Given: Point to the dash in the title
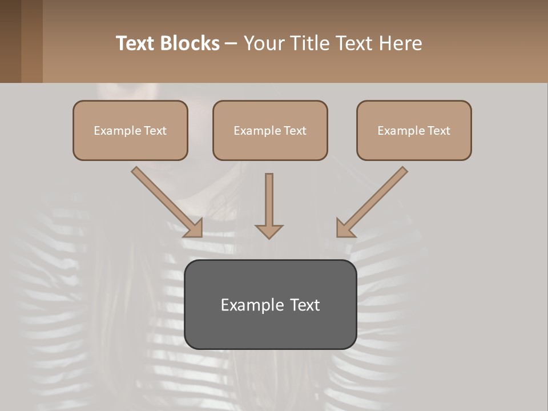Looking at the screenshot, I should (231, 44).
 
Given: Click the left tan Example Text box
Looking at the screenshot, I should (130, 131).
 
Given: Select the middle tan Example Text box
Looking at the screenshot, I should (270, 131).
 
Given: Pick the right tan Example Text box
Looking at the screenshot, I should (414, 131).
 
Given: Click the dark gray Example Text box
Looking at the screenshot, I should (270, 304).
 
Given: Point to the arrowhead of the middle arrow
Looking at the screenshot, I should (269, 231).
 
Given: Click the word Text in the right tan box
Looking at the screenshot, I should (438, 131).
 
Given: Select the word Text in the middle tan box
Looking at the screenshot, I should (295, 131).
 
